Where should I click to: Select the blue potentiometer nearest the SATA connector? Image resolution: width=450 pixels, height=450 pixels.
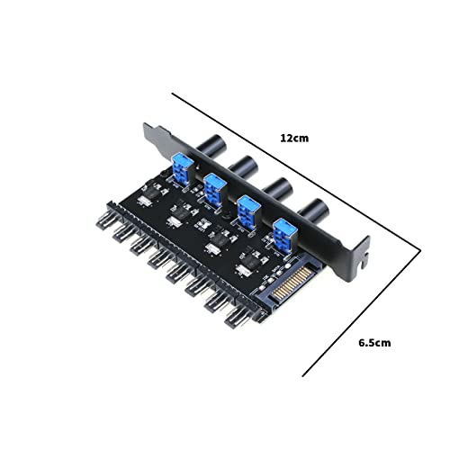[x=286, y=233]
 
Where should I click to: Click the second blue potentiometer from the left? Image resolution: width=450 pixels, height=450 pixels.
[x=215, y=189]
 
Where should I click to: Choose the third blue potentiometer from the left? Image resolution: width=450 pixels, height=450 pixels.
[x=251, y=208]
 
